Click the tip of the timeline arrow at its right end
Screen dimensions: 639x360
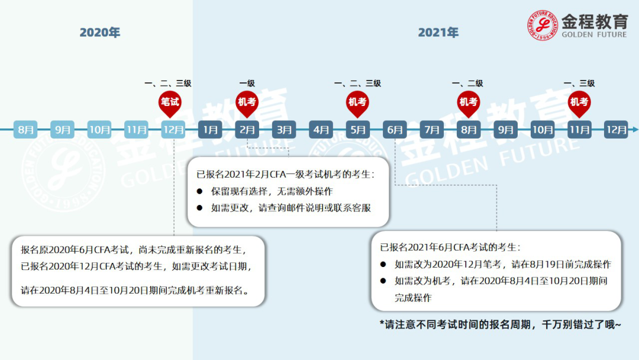[638, 130]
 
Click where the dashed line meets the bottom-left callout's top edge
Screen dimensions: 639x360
[174, 236]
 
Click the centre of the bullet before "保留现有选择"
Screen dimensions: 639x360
[200, 191]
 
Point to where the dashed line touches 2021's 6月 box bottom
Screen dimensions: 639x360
[395, 139]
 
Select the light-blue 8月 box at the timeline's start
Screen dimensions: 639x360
[25, 130]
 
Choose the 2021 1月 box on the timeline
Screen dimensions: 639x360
[210, 130]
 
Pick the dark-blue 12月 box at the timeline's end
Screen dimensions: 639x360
[616, 130]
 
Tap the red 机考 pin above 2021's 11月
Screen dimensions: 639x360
[579, 104]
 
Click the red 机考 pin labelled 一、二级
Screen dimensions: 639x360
[468, 104]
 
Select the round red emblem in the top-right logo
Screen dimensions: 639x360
[542, 25]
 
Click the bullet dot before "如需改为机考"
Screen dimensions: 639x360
[383, 281]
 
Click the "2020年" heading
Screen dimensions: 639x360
[100, 33]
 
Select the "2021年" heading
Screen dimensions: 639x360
[438, 33]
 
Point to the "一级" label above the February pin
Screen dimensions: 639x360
[247, 83]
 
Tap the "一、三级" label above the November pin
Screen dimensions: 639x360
[579, 83]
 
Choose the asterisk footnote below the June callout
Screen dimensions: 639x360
[501, 324]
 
